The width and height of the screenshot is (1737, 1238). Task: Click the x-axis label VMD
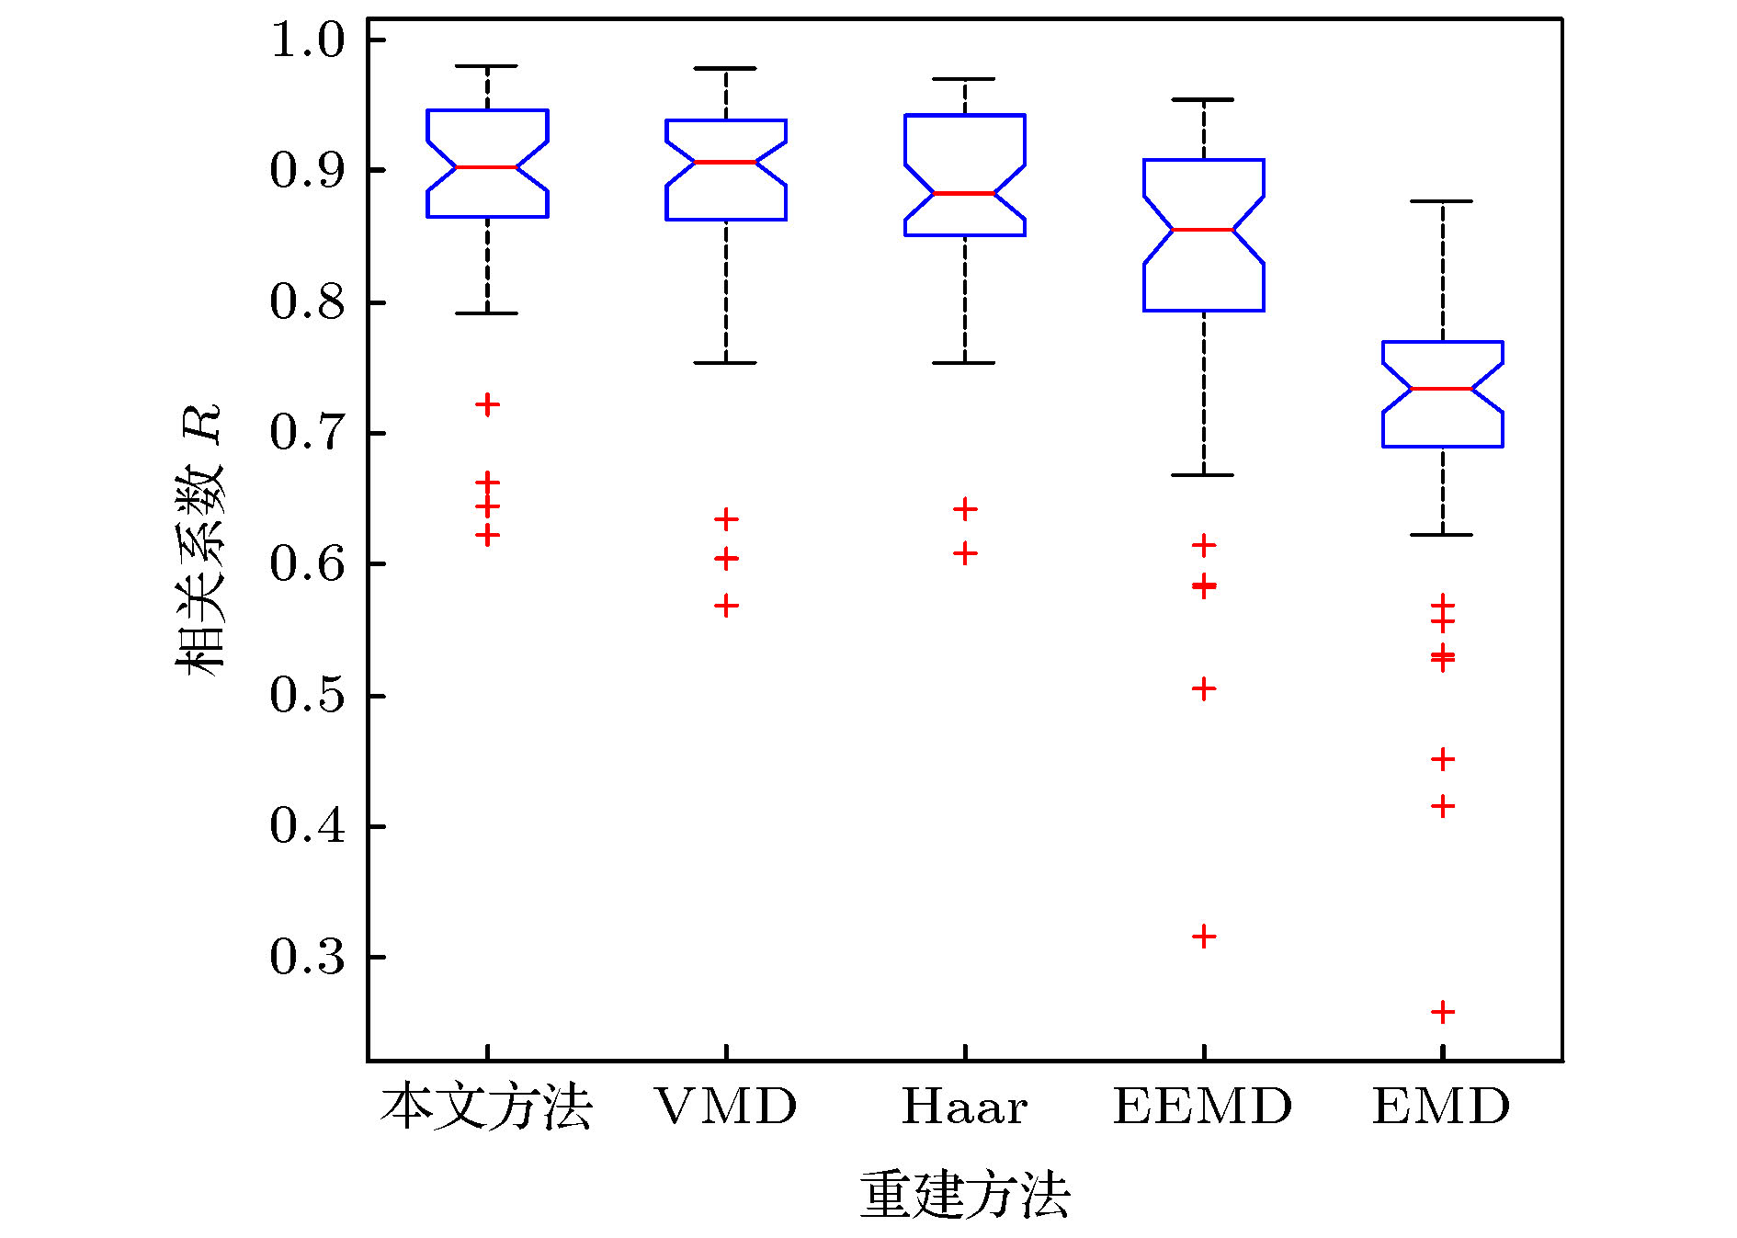tap(725, 1106)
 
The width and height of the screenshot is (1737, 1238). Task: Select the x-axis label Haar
tap(964, 1106)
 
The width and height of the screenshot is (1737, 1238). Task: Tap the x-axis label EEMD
tap(1203, 1106)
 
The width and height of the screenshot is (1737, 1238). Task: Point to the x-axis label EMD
tap(1441, 1106)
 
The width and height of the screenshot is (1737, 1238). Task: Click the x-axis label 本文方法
tap(486, 1106)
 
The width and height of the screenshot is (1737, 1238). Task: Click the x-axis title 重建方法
tap(964, 1194)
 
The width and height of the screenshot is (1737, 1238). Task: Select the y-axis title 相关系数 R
tap(200, 540)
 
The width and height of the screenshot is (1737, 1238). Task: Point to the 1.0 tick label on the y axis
tap(307, 40)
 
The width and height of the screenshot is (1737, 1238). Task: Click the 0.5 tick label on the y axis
tap(307, 695)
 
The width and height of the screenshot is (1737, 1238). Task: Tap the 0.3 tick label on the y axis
tap(307, 957)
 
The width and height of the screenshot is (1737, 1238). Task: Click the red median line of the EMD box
tap(1443, 389)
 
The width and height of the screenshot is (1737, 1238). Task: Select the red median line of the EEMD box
tap(1204, 229)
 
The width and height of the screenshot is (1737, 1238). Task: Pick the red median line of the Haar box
tap(965, 193)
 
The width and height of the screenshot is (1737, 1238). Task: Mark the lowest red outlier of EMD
tap(1443, 1012)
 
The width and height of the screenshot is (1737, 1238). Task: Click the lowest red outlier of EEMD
tap(1204, 937)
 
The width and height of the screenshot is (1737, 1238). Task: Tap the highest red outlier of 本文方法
tap(487, 404)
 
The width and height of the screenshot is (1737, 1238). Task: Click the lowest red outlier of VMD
tap(726, 606)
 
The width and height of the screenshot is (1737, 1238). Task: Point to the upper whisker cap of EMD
tap(1443, 201)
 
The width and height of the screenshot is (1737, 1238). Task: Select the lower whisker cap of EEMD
tap(1204, 475)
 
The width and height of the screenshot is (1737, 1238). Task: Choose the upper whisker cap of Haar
tap(965, 79)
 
